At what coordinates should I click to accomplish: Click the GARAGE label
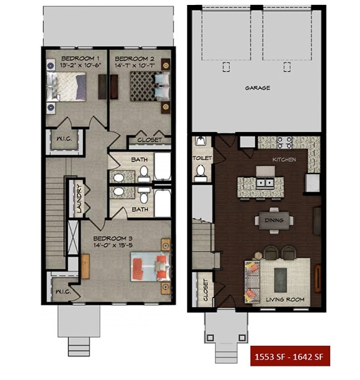click(x=257, y=88)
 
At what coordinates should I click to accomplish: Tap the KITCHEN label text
click(x=284, y=159)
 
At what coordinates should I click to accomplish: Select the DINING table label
click(x=273, y=220)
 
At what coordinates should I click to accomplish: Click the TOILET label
click(x=202, y=158)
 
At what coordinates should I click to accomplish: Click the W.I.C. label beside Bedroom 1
click(x=64, y=139)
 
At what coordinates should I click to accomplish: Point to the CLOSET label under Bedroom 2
click(x=149, y=140)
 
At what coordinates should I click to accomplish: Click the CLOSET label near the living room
click(x=206, y=289)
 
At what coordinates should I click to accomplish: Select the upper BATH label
click(x=139, y=159)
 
